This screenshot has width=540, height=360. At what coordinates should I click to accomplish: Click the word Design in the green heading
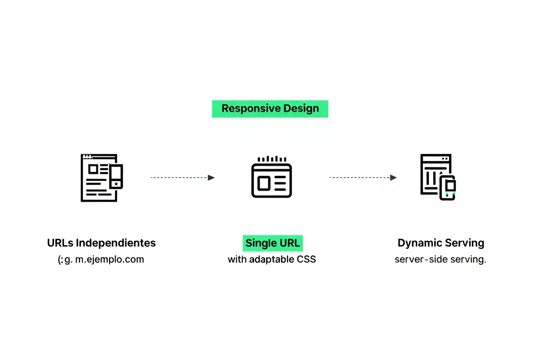(x=301, y=109)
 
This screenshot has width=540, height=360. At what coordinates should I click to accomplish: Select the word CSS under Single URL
(x=306, y=260)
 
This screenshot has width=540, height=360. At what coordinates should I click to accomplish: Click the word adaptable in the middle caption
(x=272, y=260)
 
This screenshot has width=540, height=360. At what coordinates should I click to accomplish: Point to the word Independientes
(x=116, y=243)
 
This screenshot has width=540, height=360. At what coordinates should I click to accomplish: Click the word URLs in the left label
(x=60, y=243)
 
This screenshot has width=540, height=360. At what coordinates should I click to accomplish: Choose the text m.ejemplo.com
(x=109, y=260)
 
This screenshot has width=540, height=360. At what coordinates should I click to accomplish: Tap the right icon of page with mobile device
(x=438, y=177)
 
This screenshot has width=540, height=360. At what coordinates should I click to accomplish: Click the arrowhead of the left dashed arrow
(x=211, y=177)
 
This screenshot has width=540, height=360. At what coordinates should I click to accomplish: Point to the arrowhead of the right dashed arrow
(x=393, y=177)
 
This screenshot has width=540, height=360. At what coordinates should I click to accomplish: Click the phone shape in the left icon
(x=116, y=177)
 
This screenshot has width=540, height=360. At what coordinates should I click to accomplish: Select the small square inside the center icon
(x=264, y=183)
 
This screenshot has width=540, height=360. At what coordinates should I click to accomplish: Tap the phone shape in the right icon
(x=448, y=188)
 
